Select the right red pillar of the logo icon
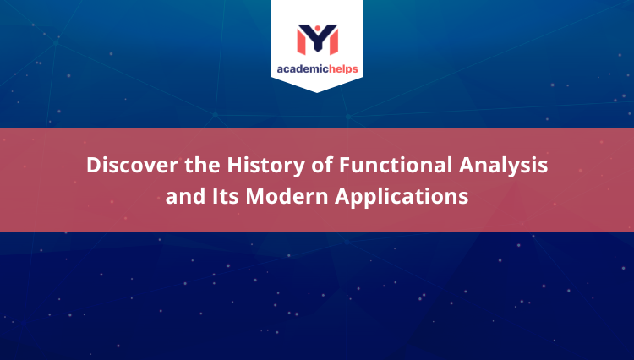[x=333, y=41]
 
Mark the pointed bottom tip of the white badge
[x=317, y=91]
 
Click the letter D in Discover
[x=93, y=166]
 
